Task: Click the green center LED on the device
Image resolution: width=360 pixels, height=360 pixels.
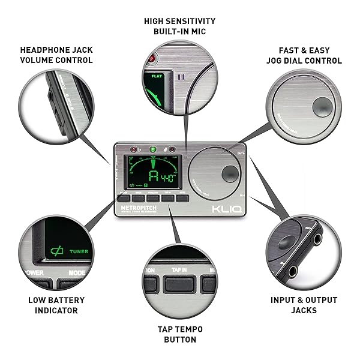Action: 153,149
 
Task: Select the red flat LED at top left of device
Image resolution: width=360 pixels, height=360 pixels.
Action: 133,149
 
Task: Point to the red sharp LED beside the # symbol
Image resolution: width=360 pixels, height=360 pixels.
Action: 172,149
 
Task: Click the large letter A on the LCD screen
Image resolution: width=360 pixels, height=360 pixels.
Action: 154,176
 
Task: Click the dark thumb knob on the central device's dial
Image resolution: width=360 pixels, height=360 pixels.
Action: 229,175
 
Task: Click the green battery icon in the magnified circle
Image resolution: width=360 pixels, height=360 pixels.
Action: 58,251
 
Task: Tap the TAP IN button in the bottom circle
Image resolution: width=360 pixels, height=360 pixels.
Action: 180,271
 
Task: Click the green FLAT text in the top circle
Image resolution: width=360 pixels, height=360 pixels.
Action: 158,76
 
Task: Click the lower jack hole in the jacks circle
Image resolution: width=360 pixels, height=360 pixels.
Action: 292,271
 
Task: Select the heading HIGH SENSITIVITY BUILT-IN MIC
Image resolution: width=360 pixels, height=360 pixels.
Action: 179,26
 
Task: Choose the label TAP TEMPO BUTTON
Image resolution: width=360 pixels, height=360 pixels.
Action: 179,334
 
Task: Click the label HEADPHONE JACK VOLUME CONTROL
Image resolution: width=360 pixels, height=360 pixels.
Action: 56,55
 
